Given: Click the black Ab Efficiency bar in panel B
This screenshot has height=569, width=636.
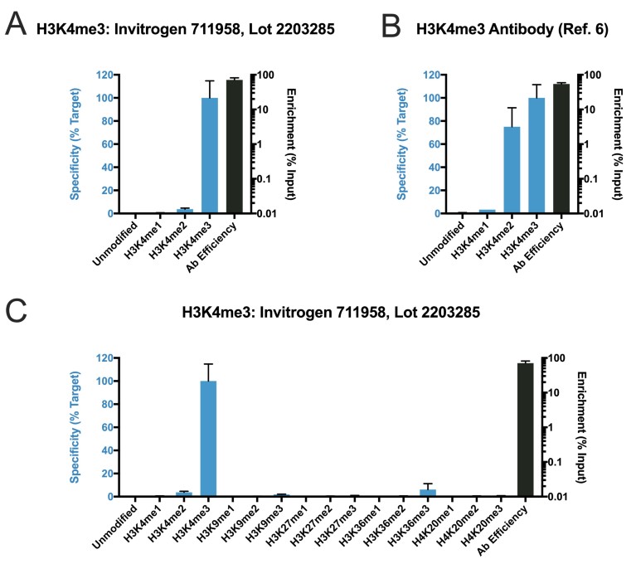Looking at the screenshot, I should [561, 148].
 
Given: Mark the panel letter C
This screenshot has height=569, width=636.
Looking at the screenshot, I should [16, 309].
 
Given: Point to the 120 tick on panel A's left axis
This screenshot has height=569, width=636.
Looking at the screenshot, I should [104, 75].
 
